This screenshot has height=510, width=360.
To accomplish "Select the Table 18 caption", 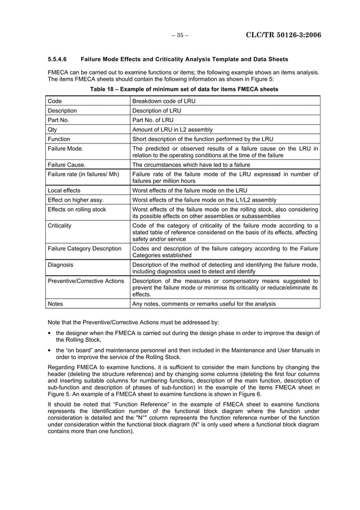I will click(184, 89).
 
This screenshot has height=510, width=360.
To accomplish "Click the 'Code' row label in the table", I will click(55, 101).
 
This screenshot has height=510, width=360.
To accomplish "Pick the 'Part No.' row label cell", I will click(59, 120).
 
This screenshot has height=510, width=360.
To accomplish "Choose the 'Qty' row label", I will click(52, 129).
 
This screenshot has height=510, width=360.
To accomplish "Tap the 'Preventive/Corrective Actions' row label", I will click(86, 280).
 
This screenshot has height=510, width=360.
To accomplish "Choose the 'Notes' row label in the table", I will click(55, 304).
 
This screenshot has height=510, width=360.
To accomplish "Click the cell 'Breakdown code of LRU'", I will click(163, 101).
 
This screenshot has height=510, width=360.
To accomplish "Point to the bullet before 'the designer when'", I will click(50, 333).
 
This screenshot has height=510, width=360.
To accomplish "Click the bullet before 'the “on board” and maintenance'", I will click(50, 350).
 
